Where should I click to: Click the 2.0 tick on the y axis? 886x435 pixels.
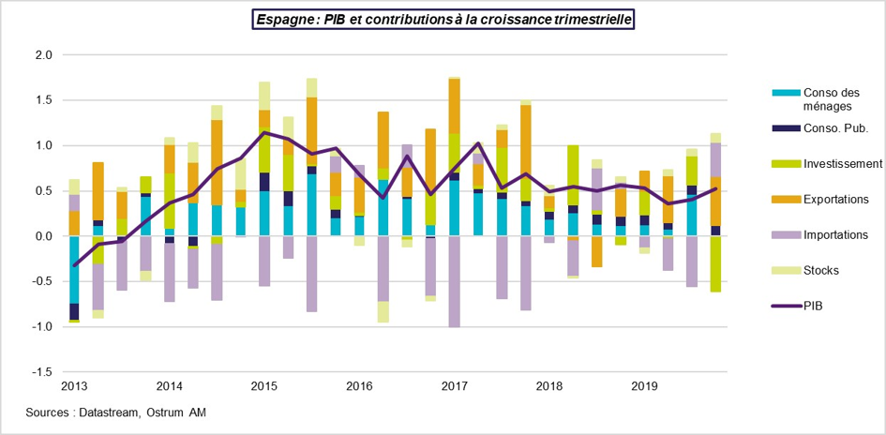42,55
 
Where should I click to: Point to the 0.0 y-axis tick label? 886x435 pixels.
42,236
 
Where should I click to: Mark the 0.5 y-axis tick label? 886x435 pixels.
42,191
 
